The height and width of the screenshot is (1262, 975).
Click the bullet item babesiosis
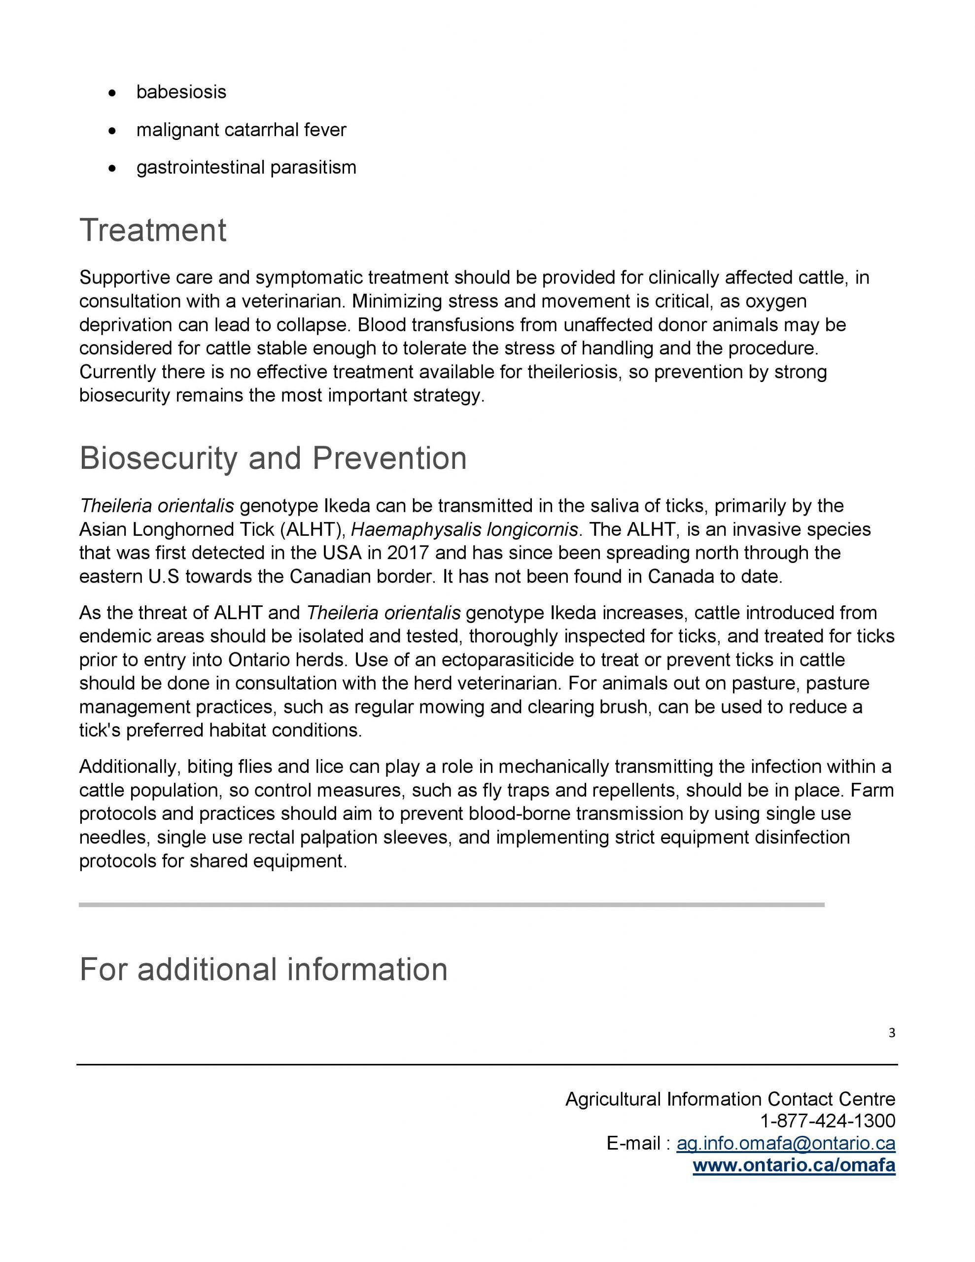(181, 92)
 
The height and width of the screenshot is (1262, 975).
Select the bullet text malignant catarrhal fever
(241, 130)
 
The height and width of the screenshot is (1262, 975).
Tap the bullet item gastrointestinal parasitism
(246, 168)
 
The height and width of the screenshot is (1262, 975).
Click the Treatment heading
(153, 230)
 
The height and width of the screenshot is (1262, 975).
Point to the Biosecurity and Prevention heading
(273, 458)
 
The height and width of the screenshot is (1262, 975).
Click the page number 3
(891, 1033)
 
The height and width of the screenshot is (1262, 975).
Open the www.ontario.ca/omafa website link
(794, 1165)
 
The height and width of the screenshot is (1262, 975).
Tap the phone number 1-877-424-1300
(827, 1121)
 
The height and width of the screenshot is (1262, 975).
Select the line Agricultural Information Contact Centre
(730, 1098)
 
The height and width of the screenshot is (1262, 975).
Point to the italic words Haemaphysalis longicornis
(464, 529)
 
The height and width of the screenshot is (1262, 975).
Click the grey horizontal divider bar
(451, 904)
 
